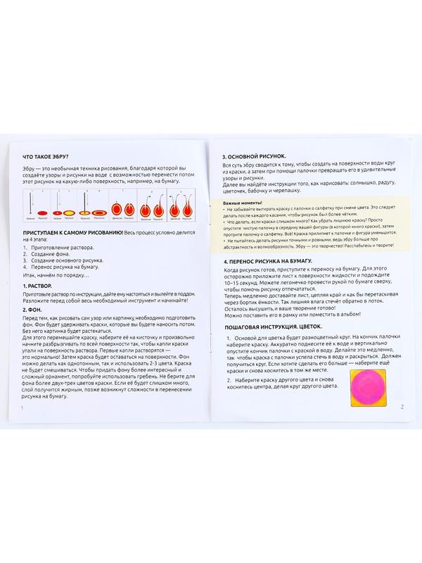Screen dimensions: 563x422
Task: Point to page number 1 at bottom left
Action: coord(23,408)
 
